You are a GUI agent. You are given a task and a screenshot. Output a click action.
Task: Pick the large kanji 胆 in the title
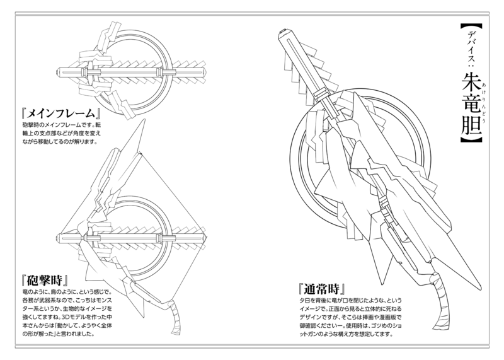pos(466,128)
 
